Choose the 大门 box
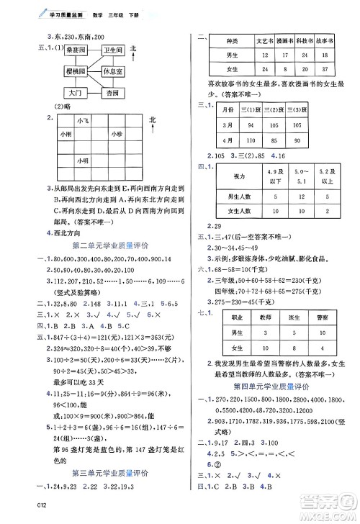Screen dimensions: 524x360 click(x=76, y=94)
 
